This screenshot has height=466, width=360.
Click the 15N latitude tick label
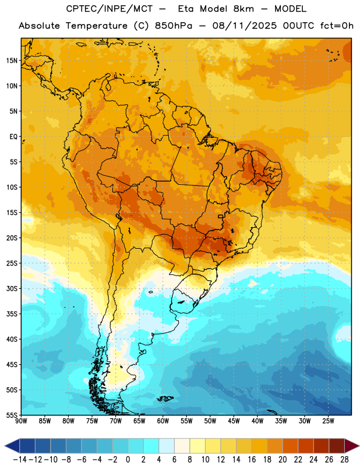(x=12, y=61)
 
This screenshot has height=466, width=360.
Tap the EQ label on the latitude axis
(x=13, y=137)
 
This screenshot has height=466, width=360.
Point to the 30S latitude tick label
(x=12, y=288)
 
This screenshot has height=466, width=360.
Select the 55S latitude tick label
(x=12, y=415)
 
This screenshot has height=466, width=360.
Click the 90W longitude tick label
(x=21, y=421)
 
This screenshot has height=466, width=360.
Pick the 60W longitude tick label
(x=163, y=421)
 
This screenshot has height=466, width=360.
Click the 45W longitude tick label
(x=234, y=421)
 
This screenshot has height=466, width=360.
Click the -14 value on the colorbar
(x=20, y=460)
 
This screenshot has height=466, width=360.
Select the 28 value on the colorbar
(x=344, y=460)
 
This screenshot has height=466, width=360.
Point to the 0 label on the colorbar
(x=128, y=460)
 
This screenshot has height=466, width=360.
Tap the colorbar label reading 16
(x=252, y=460)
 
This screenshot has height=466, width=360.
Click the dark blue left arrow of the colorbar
(x=12, y=446)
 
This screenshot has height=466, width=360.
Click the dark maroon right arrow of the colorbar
(x=352, y=446)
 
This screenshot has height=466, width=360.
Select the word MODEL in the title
(x=290, y=9)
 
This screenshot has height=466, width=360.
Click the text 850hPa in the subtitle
(x=174, y=26)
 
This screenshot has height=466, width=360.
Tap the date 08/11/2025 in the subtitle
(x=244, y=26)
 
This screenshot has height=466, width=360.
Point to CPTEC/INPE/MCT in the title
(x=109, y=9)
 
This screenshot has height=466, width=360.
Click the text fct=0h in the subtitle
(x=337, y=26)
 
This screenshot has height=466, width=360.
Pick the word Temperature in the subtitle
(x=97, y=26)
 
